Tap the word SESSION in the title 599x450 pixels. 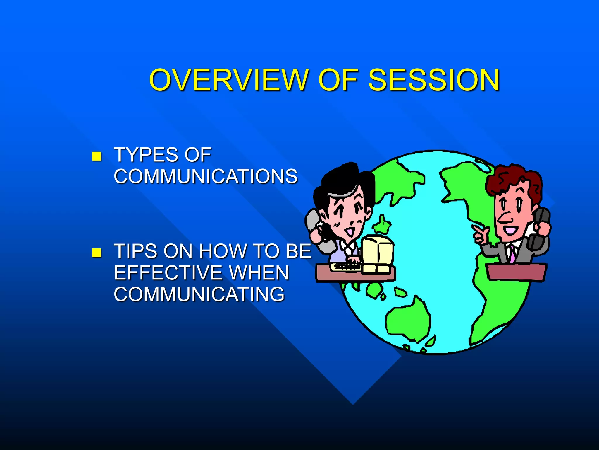pos(434,80)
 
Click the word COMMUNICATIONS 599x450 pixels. pos(206,176)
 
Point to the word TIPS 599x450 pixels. pos(135,251)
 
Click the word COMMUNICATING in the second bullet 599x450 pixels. pos(199,294)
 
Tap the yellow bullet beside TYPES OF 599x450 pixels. pos(97,156)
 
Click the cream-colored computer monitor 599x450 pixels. pos(377,250)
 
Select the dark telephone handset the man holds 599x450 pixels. pos(541,226)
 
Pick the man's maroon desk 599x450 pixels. pos(516,272)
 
